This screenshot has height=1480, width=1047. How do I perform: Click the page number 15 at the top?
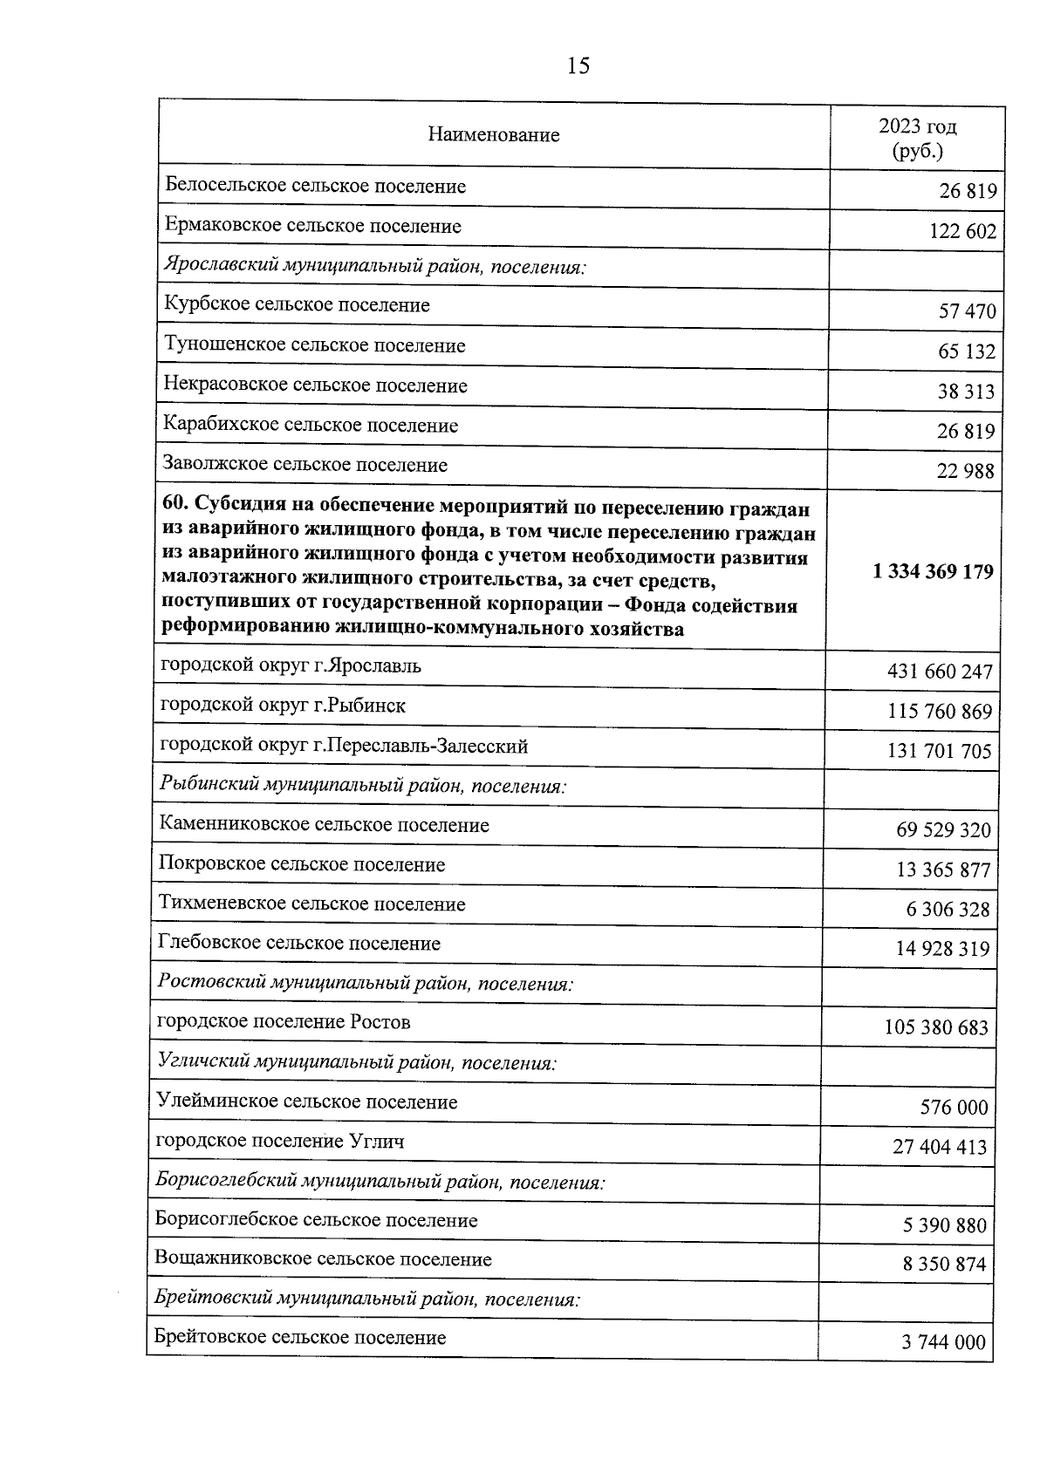578,65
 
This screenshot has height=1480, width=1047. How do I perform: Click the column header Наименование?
494,135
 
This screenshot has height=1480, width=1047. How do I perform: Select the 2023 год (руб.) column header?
917,138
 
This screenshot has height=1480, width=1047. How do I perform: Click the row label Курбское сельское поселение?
297,305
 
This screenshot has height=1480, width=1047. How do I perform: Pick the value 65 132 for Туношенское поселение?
967,351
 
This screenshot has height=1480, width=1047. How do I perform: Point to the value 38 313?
966,392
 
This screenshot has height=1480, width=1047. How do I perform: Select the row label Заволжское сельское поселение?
305,465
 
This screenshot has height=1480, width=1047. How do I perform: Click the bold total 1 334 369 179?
932,571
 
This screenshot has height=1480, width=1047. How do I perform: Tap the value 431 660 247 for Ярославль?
939,672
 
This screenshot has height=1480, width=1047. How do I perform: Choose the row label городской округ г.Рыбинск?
283,706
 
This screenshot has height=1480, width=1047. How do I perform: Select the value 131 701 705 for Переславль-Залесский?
939,751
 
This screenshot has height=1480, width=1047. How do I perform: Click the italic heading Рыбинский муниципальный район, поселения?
363,786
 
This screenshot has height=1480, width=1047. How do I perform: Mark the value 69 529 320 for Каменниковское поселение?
943,829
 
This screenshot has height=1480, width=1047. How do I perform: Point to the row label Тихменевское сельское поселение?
311,904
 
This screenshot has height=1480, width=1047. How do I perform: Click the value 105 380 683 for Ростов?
936,1027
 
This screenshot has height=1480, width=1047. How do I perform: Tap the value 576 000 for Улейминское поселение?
954,1108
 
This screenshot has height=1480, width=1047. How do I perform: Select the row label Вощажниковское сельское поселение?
323,1259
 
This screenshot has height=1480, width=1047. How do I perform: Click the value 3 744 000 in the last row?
943,1342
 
